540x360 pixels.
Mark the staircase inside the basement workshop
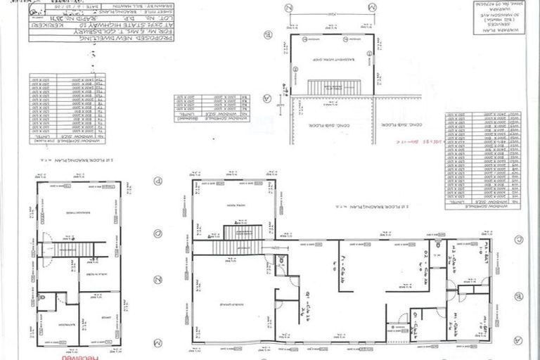(334, 87)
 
